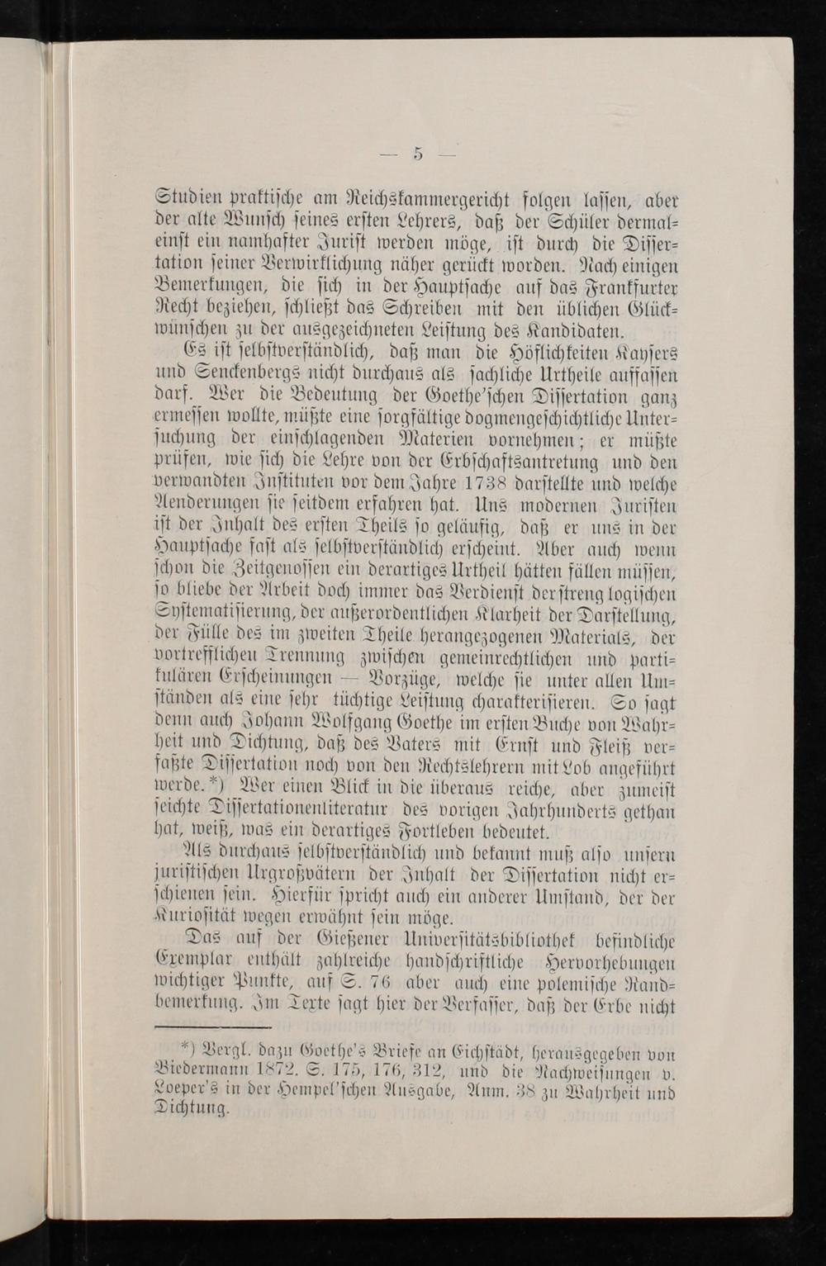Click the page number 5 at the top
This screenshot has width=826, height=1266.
419,152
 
